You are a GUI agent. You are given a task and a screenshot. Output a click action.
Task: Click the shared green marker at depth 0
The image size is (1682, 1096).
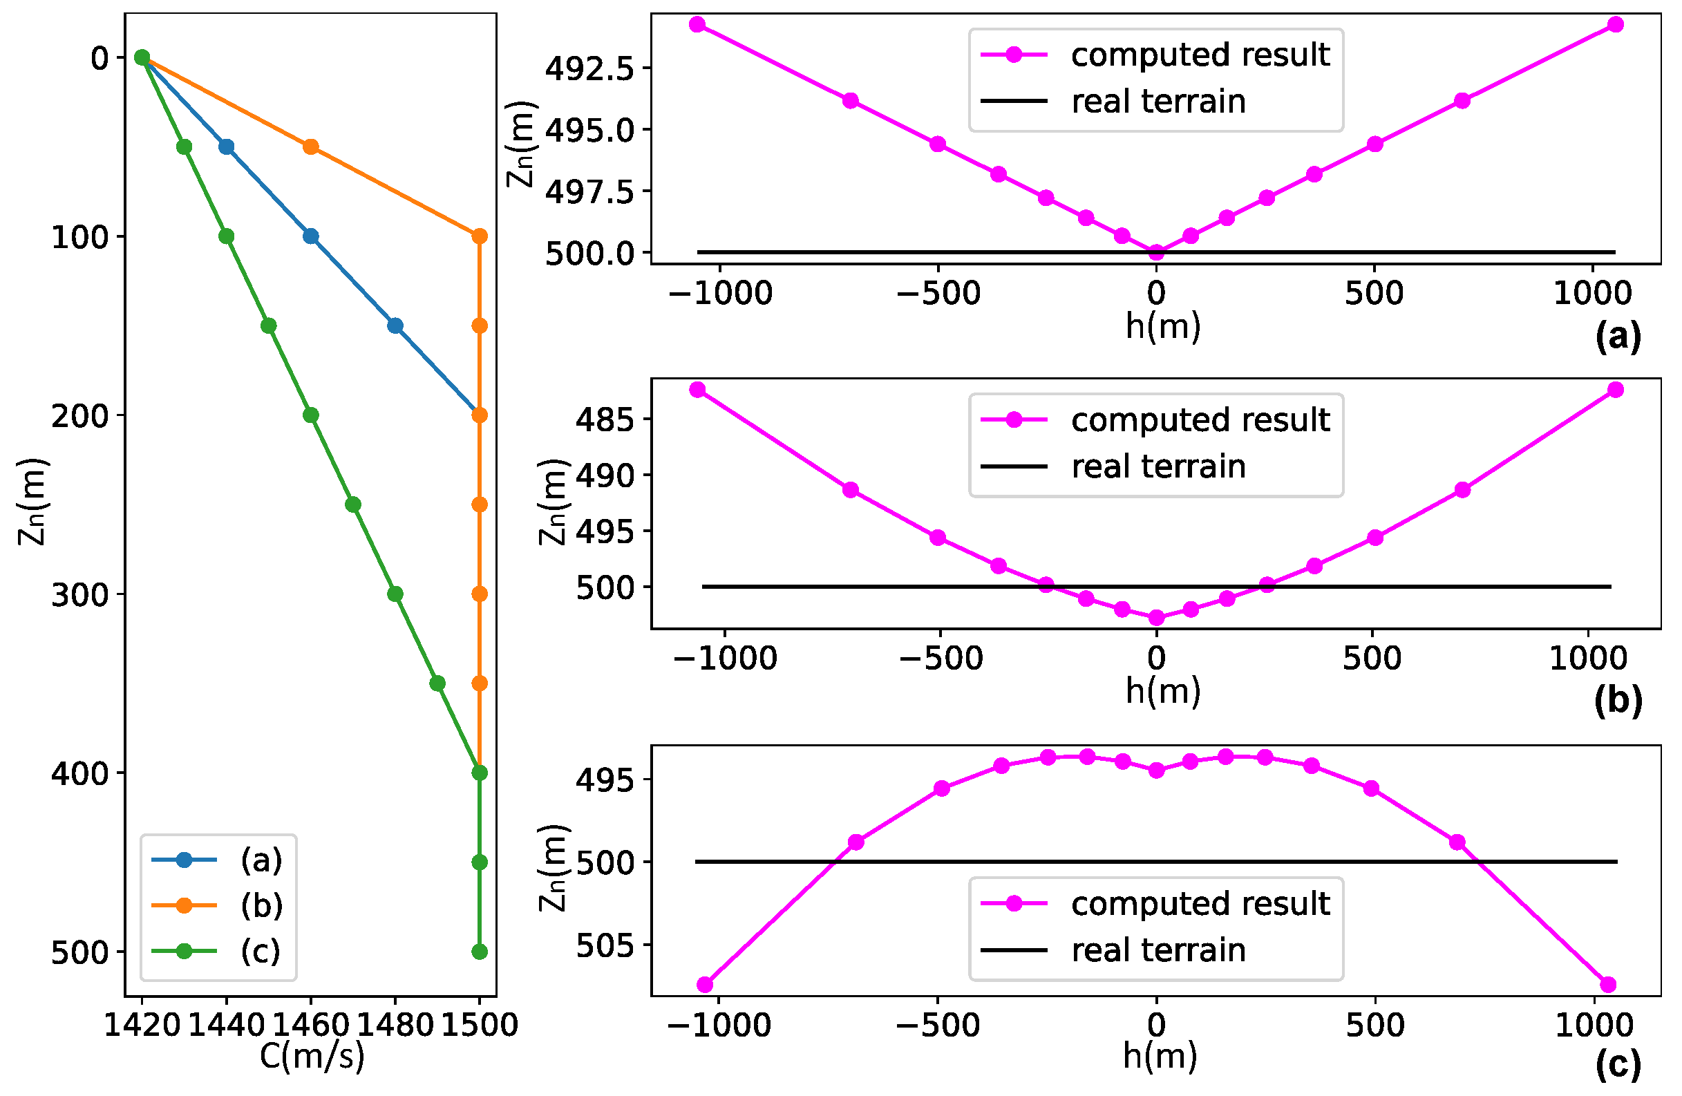(142, 57)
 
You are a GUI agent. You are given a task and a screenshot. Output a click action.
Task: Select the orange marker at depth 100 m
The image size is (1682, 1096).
(479, 236)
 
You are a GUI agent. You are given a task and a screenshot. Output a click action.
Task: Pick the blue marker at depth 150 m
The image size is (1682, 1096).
(395, 325)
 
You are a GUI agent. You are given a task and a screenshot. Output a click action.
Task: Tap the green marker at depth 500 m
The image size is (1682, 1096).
(479, 952)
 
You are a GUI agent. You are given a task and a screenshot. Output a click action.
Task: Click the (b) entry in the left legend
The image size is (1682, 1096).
(261, 906)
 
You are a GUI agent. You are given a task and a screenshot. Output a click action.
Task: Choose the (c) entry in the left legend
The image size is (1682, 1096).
(261, 952)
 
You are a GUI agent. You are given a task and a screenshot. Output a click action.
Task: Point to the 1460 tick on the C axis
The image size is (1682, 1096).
(311, 1025)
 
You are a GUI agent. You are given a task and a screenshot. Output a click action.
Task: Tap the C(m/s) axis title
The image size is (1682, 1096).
(312, 1057)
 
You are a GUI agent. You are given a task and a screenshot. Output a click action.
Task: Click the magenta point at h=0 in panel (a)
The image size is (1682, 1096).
(1156, 252)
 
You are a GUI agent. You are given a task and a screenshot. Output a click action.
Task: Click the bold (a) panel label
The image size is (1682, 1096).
(1618, 337)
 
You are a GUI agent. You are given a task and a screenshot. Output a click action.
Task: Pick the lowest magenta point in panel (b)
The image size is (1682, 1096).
(1156, 618)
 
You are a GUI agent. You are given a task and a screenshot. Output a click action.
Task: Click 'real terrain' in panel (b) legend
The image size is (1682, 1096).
(1157, 467)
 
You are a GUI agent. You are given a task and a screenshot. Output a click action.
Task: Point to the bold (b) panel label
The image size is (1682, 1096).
(1618, 701)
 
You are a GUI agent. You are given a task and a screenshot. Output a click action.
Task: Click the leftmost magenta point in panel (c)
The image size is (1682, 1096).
(705, 984)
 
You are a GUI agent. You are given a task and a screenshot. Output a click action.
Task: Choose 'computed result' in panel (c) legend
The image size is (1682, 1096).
(1200, 904)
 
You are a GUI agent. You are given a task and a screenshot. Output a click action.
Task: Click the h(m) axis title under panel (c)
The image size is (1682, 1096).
(1160, 1056)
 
